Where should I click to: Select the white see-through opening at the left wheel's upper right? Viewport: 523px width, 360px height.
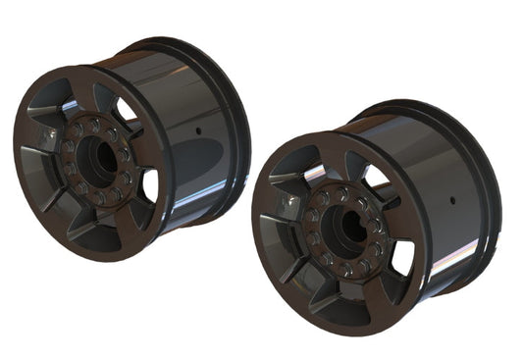[x=126, y=108]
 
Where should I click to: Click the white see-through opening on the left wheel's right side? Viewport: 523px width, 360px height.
[x=149, y=184]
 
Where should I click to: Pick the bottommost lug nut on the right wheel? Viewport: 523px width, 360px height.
[x=345, y=270]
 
